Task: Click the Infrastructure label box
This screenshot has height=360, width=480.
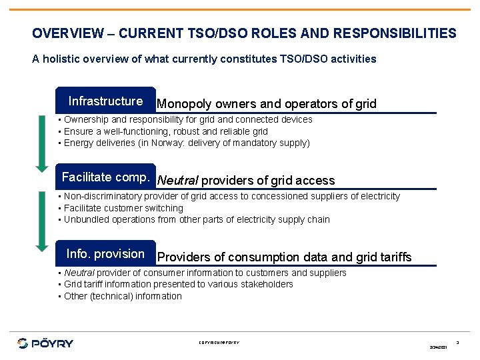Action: click(x=105, y=101)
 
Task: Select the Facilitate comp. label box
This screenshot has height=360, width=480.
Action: click(x=105, y=177)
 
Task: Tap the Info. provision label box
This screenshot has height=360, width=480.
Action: click(x=105, y=254)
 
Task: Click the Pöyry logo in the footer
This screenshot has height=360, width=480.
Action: click(x=45, y=343)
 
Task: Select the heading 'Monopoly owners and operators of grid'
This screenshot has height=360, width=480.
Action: click(x=266, y=104)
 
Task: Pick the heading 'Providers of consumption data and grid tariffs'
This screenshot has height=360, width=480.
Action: click(x=284, y=257)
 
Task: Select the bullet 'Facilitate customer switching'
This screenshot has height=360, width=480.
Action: click(x=123, y=208)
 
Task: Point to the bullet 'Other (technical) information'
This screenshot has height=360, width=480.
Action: click(x=123, y=296)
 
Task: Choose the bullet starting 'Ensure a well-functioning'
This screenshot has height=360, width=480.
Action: click(x=165, y=131)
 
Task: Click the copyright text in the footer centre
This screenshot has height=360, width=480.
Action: click(x=219, y=343)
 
